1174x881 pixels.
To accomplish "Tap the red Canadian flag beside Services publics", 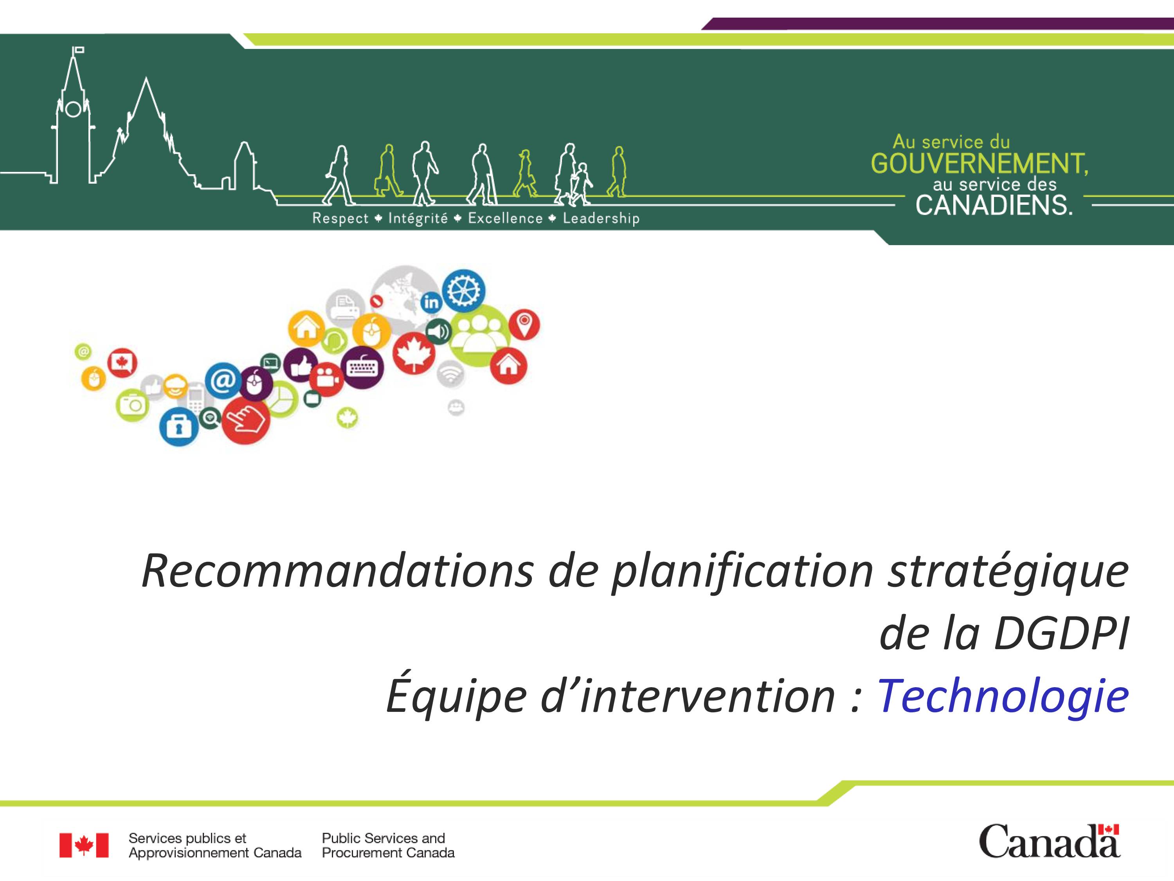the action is point(84,845).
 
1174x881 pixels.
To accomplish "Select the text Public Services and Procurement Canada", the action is point(388,845).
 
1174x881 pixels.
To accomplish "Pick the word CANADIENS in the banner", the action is point(994,206).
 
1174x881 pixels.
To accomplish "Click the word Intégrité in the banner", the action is point(418,218).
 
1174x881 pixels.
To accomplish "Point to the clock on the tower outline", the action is point(73,109).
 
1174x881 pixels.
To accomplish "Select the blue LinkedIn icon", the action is point(432,301).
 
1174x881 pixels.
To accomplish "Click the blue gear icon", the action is point(463,291).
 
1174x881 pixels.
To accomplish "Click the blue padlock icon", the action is point(179,427).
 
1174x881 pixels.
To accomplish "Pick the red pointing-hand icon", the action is point(246,421).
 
